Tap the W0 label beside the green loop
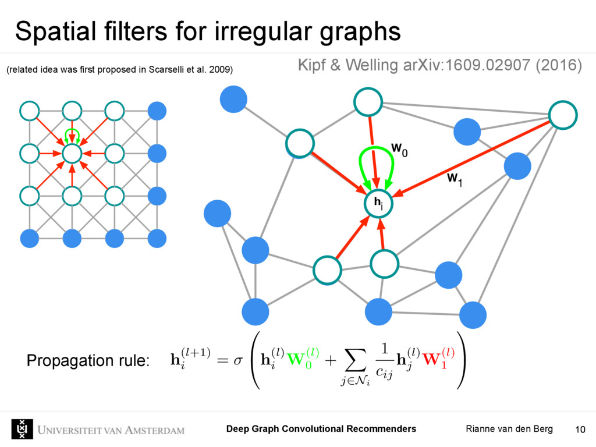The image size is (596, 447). [399, 150]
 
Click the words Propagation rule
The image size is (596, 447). [88, 361]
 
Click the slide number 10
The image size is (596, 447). [580, 430]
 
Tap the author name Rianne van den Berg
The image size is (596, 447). [509, 429]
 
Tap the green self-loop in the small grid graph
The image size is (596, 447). [72, 134]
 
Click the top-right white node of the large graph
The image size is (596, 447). [562, 115]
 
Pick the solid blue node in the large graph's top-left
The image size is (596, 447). [233, 99]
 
